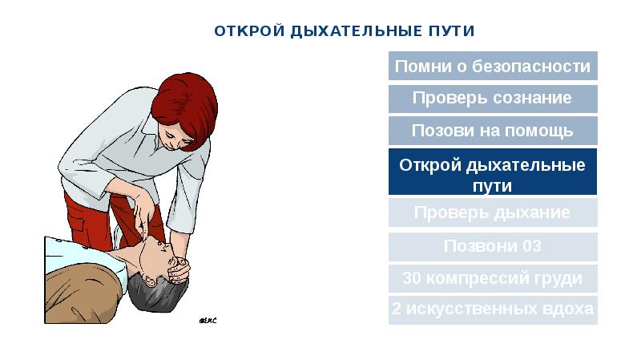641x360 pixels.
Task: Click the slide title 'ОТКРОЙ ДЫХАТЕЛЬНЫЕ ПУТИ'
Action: point(345,31)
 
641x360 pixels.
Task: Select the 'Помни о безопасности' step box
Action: point(493,67)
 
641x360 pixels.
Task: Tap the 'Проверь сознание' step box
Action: point(493,99)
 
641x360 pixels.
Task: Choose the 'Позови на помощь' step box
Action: point(493,131)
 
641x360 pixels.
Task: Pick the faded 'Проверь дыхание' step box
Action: point(493,213)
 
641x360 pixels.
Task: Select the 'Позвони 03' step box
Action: point(493,246)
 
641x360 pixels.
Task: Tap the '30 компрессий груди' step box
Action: point(493,279)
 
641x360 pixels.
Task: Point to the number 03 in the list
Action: point(530,246)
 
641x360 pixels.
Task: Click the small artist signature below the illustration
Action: point(207,321)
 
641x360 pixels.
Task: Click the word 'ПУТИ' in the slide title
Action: point(451,31)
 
